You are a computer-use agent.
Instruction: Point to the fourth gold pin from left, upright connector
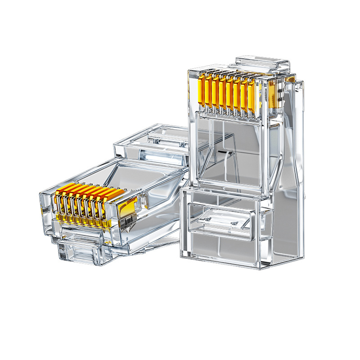click(223, 92)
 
